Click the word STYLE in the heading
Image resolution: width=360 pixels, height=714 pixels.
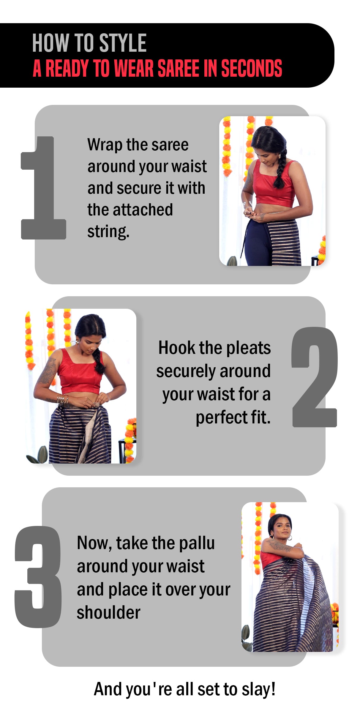123,43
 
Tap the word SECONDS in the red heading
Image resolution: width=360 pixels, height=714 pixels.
252,68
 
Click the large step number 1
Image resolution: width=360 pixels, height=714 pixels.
43,188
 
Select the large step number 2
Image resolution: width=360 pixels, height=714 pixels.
315,377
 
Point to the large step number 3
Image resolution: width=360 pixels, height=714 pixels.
38,577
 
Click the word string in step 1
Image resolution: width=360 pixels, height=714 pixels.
108,232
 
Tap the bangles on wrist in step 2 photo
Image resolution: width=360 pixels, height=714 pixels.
63,399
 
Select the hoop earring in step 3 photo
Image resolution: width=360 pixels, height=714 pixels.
290,538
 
